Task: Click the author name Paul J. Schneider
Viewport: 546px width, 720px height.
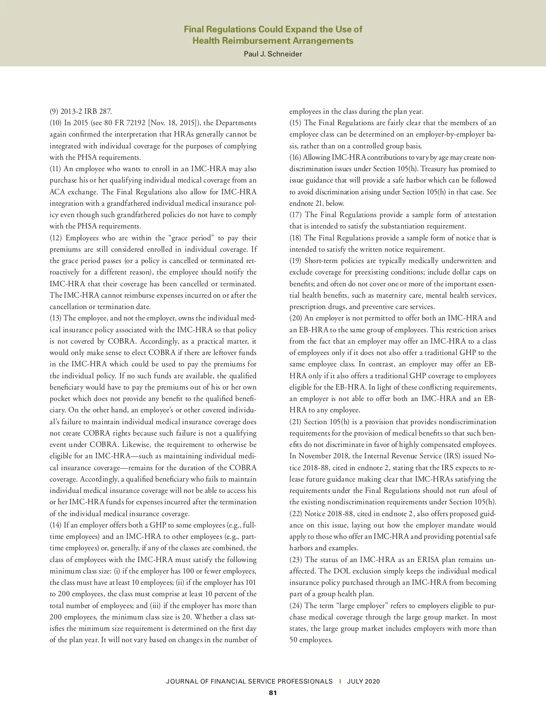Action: (x=273, y=54)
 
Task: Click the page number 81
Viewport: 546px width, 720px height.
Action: (x=273, y=693)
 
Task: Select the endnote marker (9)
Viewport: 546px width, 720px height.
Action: (x=54, y=112)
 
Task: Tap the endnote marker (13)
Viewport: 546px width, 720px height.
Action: (x=56, y=318)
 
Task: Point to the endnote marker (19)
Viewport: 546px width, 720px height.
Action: (x=296, y=261)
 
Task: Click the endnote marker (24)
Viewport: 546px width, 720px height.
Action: (x=296, y=606)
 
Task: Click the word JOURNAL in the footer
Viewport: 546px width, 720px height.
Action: (x=182, y=681)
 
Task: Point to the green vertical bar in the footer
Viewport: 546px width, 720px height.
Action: (x=340, y=681)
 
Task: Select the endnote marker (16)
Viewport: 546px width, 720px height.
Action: (x=295, y=157)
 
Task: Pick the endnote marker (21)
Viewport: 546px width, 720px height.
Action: (x=296, y=422)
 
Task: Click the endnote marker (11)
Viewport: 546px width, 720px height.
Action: (x=56, y=169)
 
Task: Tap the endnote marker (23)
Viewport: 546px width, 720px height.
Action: (x=296, y=560)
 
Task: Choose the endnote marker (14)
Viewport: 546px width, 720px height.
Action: (x=56, y=525)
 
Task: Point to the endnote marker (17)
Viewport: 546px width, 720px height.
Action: (x=296, y=215)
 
